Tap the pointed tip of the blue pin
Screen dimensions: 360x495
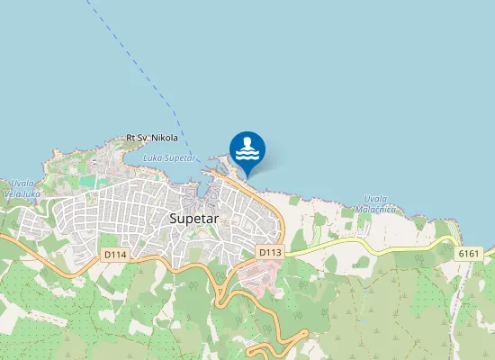point(247,175)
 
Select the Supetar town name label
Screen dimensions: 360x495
point(200,218)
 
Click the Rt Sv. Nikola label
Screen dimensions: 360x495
point(152,138)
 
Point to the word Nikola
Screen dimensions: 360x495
point(165,138)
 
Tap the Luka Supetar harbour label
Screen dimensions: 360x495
point(169,157)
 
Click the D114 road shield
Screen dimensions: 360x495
point(115,255)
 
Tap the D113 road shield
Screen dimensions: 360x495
point(270,253)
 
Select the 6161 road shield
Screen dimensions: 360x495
point(469,255)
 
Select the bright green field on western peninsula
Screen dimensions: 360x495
point(87,181)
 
